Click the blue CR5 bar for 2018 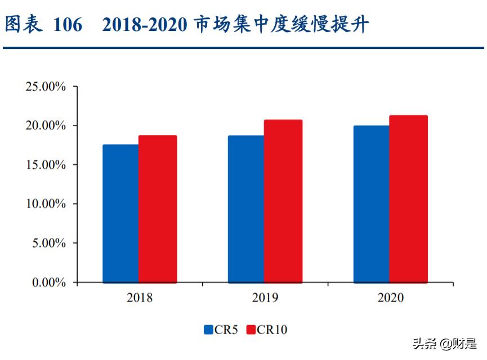(x=120, y=214)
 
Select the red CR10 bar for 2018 (x=158, y=209)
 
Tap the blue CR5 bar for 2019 (x=246, y=209)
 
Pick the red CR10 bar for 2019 (x=283, y=201)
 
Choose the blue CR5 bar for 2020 (x=371, y=204)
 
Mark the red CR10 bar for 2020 (x=408, y=199)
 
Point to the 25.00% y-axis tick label (x=46, y=87)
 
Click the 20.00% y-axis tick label (x=46, y=126)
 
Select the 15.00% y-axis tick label (x=46, y=165)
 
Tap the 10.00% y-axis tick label (x=46, y=204)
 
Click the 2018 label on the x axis (x=140, y=298)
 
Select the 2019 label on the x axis (x=265, y=298)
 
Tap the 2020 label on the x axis (x=390, y=298)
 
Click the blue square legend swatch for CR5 (x=208, y=330)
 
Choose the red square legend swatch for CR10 (x=251, y=330)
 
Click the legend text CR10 (x=272, y=330)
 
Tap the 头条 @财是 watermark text (x=445, y=343)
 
